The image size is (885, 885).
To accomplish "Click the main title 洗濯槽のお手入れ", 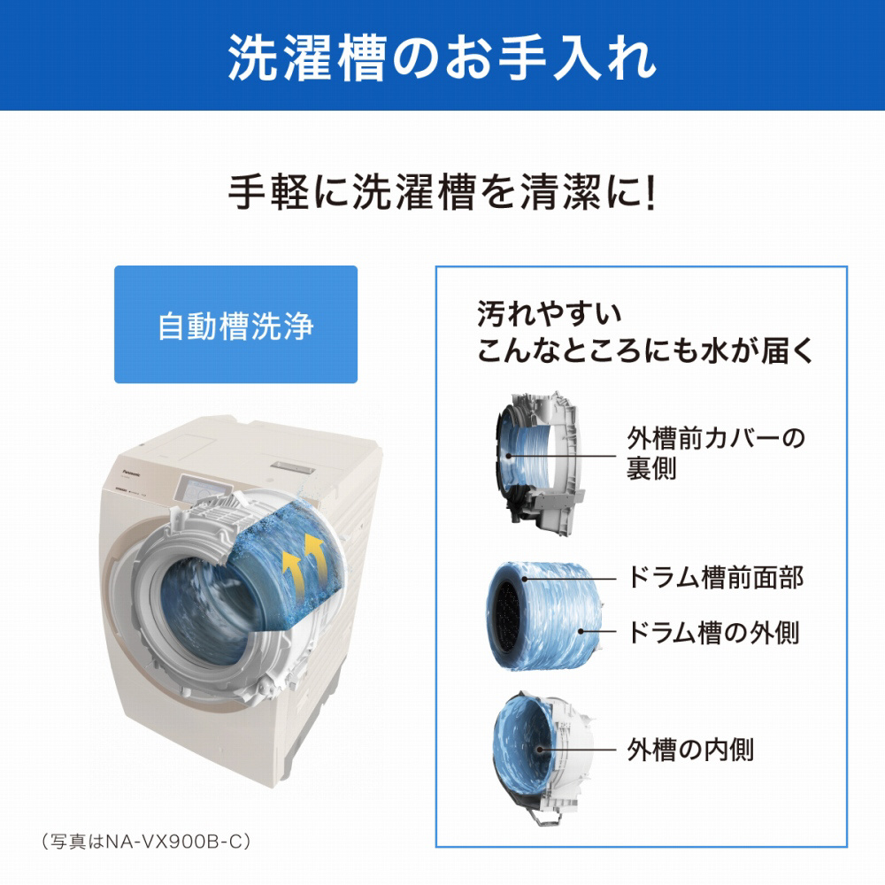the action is [442, 58].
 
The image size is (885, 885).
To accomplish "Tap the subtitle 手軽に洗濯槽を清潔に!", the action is [442, 192].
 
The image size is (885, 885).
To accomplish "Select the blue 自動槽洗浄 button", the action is [236, 325].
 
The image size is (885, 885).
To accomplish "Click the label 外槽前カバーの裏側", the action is [716, 453].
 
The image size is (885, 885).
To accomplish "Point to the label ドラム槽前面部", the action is [715, 577].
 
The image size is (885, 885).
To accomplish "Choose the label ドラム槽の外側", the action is [713, 632].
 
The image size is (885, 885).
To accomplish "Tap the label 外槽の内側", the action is [690, 750].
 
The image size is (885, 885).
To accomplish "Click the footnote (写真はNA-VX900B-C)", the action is [146, 842].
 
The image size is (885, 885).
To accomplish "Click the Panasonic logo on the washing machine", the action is [132, 471].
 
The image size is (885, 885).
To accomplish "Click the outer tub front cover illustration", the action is [535, 463].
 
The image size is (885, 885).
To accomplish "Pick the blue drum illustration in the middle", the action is [543, 616].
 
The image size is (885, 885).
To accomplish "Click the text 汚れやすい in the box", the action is [549, 314].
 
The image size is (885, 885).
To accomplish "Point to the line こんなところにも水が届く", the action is [645, 350].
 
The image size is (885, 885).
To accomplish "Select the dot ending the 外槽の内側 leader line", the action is [540, 750].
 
